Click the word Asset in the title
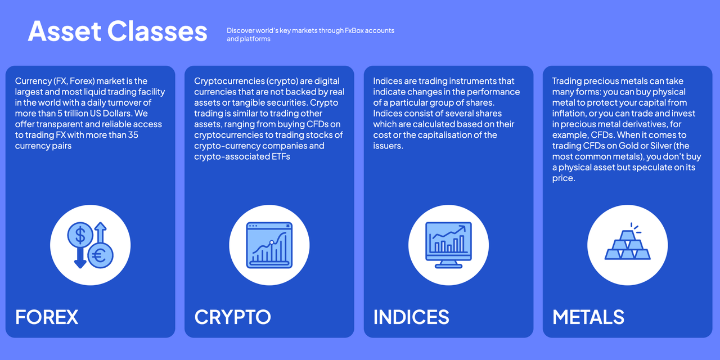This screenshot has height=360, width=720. pyautogui.click(x=65, y=31)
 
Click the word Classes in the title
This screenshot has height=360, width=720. pyautogui.click(x=157, y=31)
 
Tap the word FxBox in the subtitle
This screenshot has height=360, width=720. pyautogui.click(x=354, y=30)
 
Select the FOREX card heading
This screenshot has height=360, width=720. pyautogui.click(x=47, y=317)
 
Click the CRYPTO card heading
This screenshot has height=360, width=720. pyautogui.click(x=232, y=317)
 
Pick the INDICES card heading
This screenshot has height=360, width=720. pyautogui.click(x=411, y=317)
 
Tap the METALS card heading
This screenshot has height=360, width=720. pyautogui.click(x=588, y=317)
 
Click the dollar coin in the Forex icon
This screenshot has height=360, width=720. pyautogui.click(x=80, y=235)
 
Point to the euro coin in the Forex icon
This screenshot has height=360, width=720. pyautogui.click(x=100, y=255)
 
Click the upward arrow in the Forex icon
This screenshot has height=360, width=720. pyautogui.click(x=101, y=232)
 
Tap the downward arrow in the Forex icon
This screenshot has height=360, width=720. pyautogui.click(x=80, y=258)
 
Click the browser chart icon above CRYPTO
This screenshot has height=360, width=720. pyautogui.click(x=269, y=245)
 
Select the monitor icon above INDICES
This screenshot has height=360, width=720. pyautogui.click(x=448, y=245)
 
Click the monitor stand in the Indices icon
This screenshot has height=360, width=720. pyautogui.click(x=448, y=264)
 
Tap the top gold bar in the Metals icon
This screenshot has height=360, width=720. pyautogui.click(x=627, y=236)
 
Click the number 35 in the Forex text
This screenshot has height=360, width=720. pyautogui.click(x=133, y=134)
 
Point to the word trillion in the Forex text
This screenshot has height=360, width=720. pyautogui.click(x=60, y=113)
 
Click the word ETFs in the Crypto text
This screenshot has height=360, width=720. pyautogui.click(x=281, y=156)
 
